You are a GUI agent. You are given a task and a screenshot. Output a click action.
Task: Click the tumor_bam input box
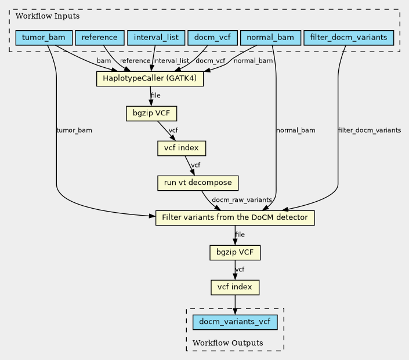[x=44, y=38]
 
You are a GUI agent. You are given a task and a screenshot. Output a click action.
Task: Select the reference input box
[x=100, y=38]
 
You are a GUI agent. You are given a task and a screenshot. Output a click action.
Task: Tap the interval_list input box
[x=156, y=38]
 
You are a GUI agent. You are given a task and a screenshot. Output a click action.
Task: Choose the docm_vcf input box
[x=212, y=38]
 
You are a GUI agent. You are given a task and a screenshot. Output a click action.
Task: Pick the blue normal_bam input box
[x=270, y=38]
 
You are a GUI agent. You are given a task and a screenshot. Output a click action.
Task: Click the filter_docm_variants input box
[x=349, y=38]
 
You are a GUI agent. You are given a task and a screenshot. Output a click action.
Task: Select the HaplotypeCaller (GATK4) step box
[x=150, y=79]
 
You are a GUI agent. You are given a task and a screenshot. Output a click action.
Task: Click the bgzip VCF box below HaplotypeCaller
[x=151, y=114]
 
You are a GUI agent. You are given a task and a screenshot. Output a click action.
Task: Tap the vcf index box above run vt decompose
[x=182, y=148]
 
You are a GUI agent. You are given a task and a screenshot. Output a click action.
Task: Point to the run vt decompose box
[x=198, y=183]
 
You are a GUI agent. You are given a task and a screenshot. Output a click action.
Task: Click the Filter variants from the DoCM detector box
[x=235, y=218]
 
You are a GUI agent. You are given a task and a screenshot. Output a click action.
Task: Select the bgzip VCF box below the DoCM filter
[x=235, y=253]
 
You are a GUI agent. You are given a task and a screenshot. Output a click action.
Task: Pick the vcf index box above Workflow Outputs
[x=235, y=288]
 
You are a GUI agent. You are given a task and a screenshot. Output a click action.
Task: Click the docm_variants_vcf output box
[x=235, y=322]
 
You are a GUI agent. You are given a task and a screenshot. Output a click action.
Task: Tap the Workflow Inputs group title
[x=48, y=16]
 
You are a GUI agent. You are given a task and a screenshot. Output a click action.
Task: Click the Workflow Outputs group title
[x=228, y=343]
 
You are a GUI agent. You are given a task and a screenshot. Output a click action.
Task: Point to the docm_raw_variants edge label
[x=242, y=200]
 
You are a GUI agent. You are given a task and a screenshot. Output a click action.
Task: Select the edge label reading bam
[x=104, y=61]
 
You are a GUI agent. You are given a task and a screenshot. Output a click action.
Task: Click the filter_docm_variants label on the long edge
[x=370, y=130]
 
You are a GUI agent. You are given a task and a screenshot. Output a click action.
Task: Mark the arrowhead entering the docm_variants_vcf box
[x=235, y=311]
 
